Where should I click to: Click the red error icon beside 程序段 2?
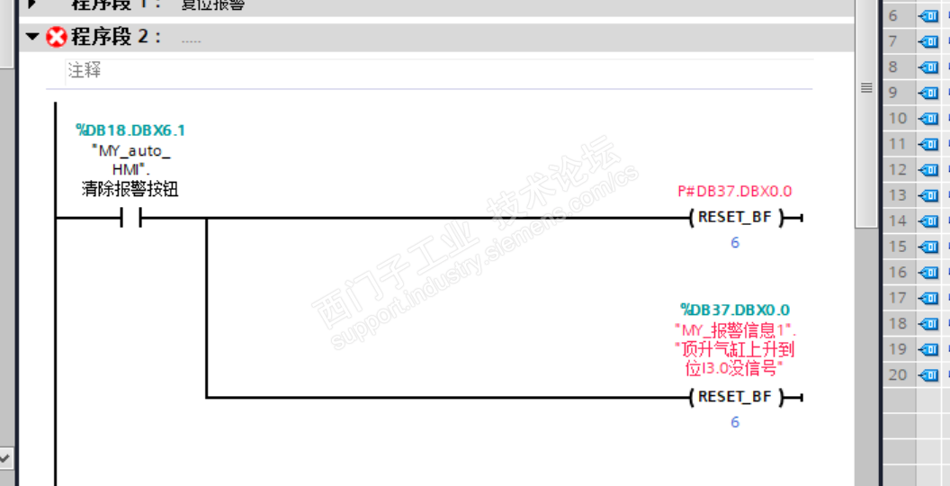coord(57,37)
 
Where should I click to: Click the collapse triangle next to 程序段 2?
coord(33,37)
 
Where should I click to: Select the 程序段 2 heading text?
coord(116,37)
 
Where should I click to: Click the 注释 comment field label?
coord(85,70)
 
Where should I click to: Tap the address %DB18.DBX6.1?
coord(130,130)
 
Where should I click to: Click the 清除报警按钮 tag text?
coord(130,189)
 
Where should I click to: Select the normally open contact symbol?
coord(130,218)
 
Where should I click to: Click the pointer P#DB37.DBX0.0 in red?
coord(734,191)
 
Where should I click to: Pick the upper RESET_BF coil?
coord(734,218)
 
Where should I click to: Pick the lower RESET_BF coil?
coord(734,397)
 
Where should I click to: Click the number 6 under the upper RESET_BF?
coord(735,243)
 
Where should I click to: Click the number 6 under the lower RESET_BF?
coord(735,422)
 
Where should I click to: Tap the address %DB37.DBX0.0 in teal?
coord(735,310)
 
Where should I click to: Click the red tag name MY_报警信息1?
coord(735,329)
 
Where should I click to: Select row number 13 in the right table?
coord(898,195)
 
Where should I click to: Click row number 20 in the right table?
coord(898,375)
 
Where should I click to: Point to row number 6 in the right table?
coord(893,16)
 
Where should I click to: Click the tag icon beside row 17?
coord(928,298)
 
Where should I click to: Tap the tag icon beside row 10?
coord(928,119)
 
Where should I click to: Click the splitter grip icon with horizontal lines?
coord(866,88)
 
